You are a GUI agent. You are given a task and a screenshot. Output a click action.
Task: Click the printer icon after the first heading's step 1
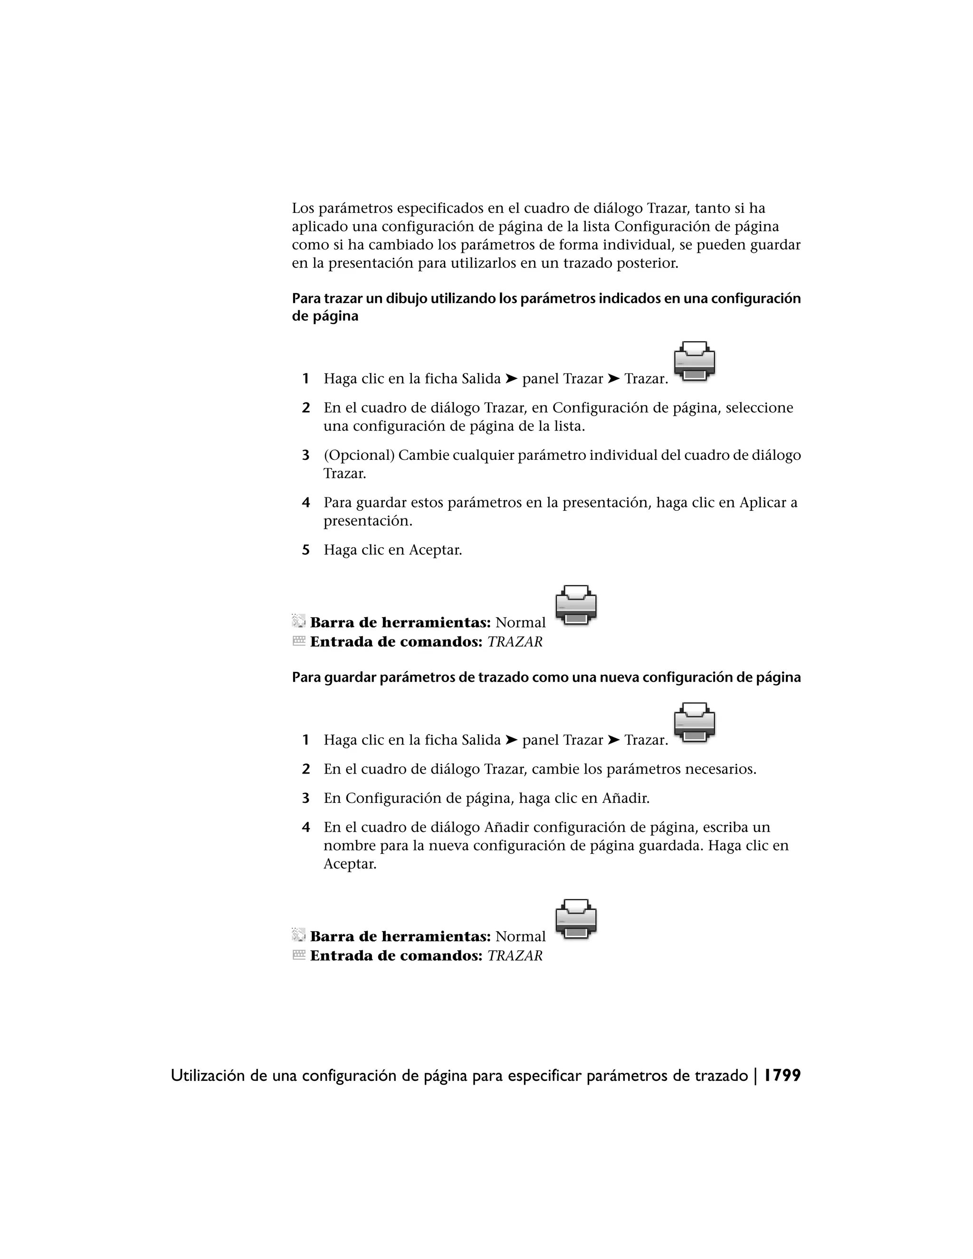click(x=695, y=361)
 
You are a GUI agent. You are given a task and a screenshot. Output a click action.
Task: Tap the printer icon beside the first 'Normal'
click(x=576, y=605)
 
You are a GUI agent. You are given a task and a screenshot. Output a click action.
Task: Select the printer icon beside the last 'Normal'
click(x=576, y=918)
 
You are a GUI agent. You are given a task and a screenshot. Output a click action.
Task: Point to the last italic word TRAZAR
click(x=515, y=955)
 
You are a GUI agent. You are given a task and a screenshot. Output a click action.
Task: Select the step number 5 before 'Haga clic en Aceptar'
click(x=306, y=550)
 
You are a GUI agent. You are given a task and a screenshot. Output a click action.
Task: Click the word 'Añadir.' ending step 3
click(x=625, y=799)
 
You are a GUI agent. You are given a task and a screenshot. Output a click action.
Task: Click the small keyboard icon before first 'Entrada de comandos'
click(x=298, y=641)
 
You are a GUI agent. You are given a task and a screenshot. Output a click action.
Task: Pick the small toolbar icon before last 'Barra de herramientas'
click(x=298, y=935)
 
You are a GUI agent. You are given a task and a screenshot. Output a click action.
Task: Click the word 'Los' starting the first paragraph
click(x=303, y=208)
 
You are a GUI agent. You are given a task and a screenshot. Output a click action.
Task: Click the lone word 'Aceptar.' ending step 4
click(x=350, y=864)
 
